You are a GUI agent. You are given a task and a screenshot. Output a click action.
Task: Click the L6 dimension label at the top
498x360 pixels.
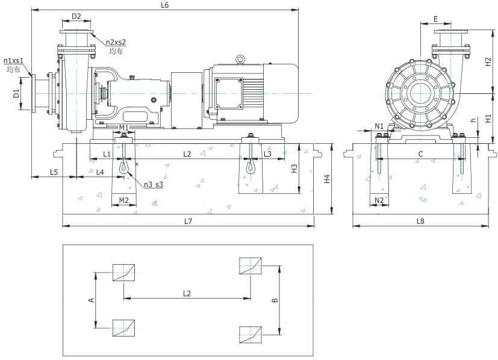pos(164,5)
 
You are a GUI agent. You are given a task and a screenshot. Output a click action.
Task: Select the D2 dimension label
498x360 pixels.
pos(76,16)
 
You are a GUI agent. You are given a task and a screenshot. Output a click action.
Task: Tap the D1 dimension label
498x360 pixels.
pos(16,93)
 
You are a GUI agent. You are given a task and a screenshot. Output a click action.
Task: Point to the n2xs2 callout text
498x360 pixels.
pos(116,42)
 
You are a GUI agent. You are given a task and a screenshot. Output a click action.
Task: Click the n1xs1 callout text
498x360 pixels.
pos(13,61)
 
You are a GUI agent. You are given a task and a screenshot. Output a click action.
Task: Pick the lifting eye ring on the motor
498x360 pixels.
pos(240,59)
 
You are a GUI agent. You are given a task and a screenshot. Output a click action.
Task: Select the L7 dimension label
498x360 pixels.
pos(188,221)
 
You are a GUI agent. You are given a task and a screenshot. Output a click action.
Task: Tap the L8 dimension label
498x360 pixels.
pos(420,221)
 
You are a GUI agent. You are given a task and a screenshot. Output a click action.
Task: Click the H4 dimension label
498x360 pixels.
pos(327,179)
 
